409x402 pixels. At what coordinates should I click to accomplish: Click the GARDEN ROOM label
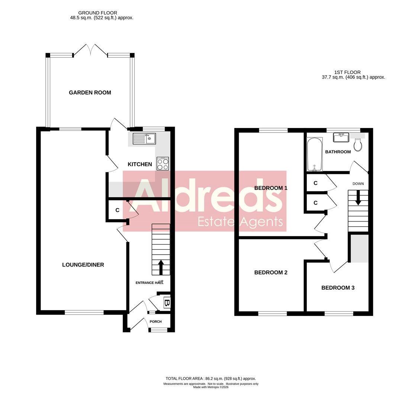pos(90,93)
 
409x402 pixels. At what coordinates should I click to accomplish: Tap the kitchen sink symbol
pos(144,139)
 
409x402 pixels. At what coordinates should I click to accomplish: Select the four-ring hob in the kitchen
pos(163,164)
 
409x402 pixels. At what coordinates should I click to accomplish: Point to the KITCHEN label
pos(140,164)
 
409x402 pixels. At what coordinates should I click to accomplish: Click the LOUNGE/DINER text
pos(83,265)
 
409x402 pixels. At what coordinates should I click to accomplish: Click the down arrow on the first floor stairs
pos(358,197)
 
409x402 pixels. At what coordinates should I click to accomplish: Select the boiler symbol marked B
pos(167,303)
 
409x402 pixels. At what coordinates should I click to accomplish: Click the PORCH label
pos(155,322)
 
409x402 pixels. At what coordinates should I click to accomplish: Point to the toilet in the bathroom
pos(358,145)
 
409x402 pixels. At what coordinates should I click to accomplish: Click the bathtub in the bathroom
pos(314,154)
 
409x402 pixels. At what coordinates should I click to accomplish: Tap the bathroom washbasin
pos(341,137)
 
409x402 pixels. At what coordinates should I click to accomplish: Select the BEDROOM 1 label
pos(271,188)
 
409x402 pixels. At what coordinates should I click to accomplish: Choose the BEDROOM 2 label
pos(271,272)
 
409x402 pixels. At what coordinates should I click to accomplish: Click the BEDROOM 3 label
pos(338,288)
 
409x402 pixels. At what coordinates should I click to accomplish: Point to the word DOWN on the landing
pos(358,184)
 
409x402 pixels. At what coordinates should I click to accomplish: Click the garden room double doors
pos(90,50)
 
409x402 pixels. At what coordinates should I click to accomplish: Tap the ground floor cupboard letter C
pos(117,210)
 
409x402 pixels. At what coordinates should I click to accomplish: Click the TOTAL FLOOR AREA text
pos(210,379)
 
